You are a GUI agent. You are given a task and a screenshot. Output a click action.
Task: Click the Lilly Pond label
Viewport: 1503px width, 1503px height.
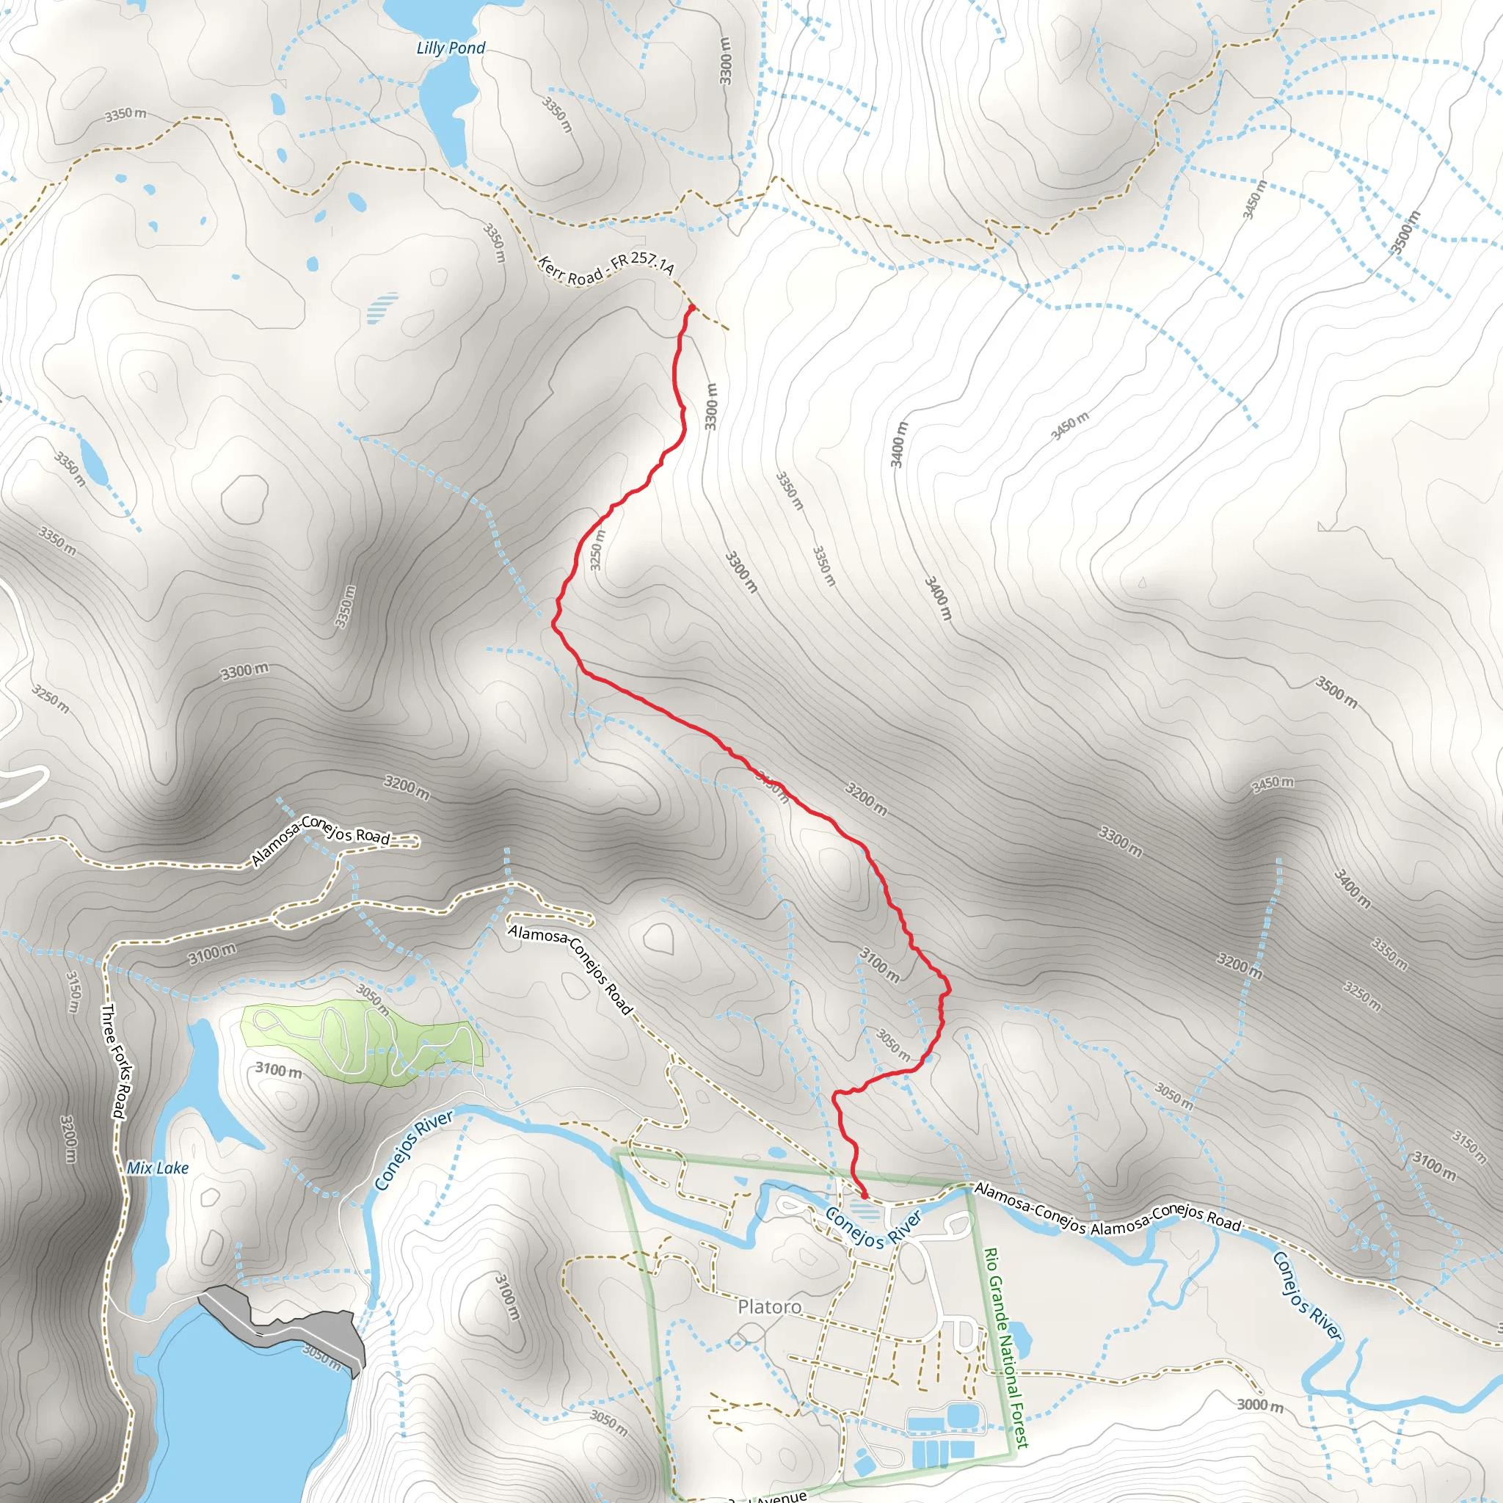[x=451, y=48]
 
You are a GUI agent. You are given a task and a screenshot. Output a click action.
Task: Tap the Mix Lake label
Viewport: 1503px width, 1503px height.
[x=158, y=1168]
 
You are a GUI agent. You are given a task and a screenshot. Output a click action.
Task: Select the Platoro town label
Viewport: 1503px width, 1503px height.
[x=769, y=1306]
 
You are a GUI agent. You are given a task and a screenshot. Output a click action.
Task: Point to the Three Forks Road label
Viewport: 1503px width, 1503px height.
[x=114, y=1061]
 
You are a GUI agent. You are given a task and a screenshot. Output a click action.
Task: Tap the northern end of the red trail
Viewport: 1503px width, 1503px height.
[x=691, y=307]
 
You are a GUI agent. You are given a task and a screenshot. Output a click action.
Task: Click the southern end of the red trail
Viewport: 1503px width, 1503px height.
[x=865, y=1195]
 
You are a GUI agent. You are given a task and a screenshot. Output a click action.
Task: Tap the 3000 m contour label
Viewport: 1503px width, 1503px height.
[x=1260, y=1405]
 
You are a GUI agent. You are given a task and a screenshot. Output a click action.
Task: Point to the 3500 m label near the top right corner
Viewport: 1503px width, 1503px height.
[x=1405, y=232]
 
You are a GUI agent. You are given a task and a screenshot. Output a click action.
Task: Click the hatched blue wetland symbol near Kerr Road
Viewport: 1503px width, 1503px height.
[x=381, y=307]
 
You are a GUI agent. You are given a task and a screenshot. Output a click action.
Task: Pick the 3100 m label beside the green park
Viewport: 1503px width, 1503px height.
[x=278, y=1070]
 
